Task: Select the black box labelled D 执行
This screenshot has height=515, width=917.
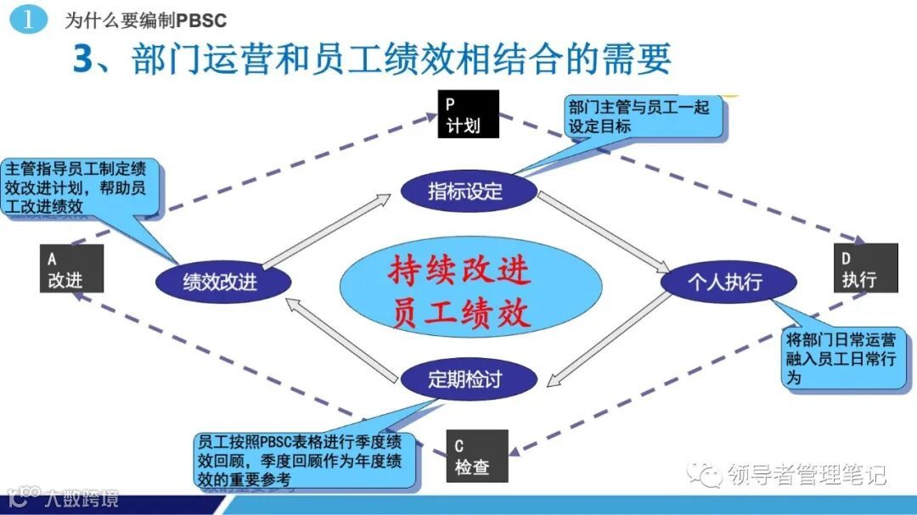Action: click(864, 268)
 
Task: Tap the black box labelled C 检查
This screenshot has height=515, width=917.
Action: click(476, 456)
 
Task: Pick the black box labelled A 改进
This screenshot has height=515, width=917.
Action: click(71, 268)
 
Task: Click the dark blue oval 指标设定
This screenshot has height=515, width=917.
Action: click(469, 191)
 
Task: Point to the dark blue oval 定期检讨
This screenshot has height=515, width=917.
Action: click(469, 378)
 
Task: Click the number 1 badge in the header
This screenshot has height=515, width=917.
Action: click(28, 20)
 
